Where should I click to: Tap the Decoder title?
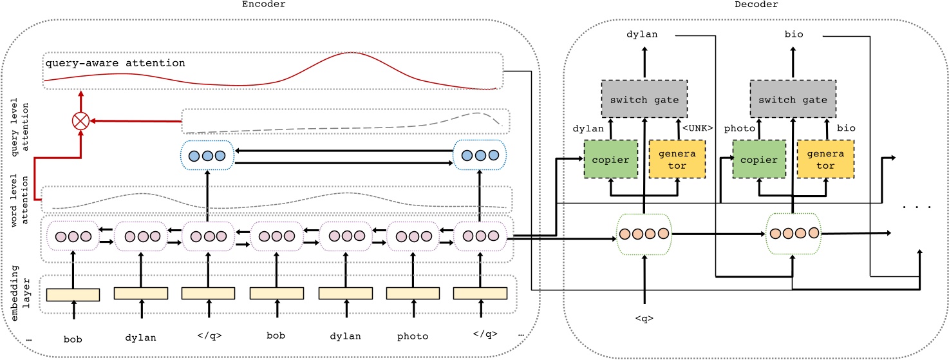coord(756,5)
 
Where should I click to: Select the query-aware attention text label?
coord(115,63)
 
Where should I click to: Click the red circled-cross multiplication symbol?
coord(81,120)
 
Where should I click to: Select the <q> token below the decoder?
coord(643,317)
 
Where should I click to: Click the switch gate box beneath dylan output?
coord(643,99)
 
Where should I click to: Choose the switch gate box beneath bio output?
coord(793,99)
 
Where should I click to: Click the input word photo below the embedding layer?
coord(413,336)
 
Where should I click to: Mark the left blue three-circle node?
coord(207,156)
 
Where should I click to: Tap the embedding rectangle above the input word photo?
coord(413,293)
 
